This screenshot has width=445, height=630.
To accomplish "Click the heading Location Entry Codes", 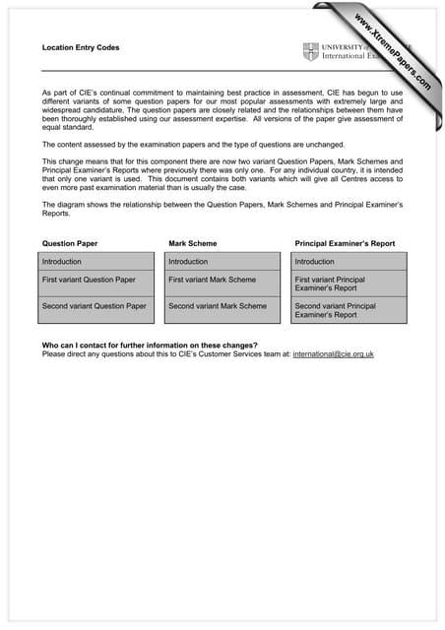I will click(81, 47).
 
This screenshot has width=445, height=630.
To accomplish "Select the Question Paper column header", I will click(70, 242).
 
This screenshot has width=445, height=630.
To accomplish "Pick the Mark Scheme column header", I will click(193, 242).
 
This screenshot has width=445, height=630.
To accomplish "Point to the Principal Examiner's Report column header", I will click(345, 242).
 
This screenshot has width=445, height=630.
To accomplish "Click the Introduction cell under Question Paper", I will click(97, 262).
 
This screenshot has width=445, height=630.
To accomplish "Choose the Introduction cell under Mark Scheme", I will click(224, 262).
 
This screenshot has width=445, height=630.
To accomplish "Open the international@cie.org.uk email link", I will click(333, 353).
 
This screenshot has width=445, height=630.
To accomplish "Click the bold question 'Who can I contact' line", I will click(150, 345).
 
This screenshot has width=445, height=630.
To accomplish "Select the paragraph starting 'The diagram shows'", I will click(222, 209).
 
